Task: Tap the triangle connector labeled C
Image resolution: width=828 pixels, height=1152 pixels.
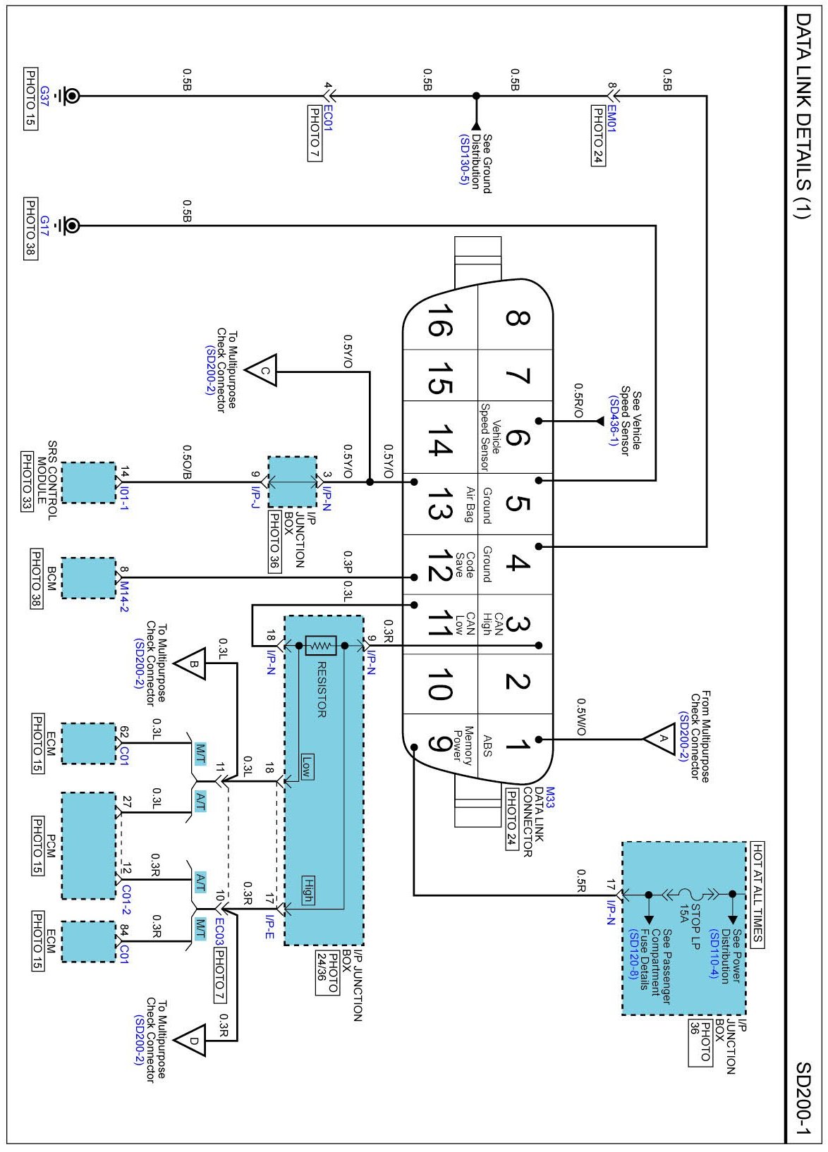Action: coord(263,370)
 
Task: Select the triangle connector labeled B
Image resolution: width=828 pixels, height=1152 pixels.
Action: coord(193,663)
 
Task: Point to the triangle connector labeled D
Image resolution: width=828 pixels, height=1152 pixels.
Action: coord(193,1040)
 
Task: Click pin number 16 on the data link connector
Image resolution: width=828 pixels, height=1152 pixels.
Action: coord(439,321)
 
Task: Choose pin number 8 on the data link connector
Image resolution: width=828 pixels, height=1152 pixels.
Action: coord(517,319)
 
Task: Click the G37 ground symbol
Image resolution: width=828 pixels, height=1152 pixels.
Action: coord(71,96)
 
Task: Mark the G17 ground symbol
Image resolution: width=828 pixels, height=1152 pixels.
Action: coord(71,226)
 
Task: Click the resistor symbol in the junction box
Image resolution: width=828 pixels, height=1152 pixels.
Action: coord(321,644)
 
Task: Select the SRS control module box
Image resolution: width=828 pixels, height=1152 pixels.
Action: coord(88,483)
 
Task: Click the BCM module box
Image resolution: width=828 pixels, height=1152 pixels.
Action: coord(88,578)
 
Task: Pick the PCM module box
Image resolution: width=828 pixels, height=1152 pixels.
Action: coord(88,845)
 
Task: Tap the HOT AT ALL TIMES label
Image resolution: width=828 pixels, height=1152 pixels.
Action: coord(757,894)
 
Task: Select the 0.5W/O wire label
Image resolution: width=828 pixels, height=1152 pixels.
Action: coord(580,718)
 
